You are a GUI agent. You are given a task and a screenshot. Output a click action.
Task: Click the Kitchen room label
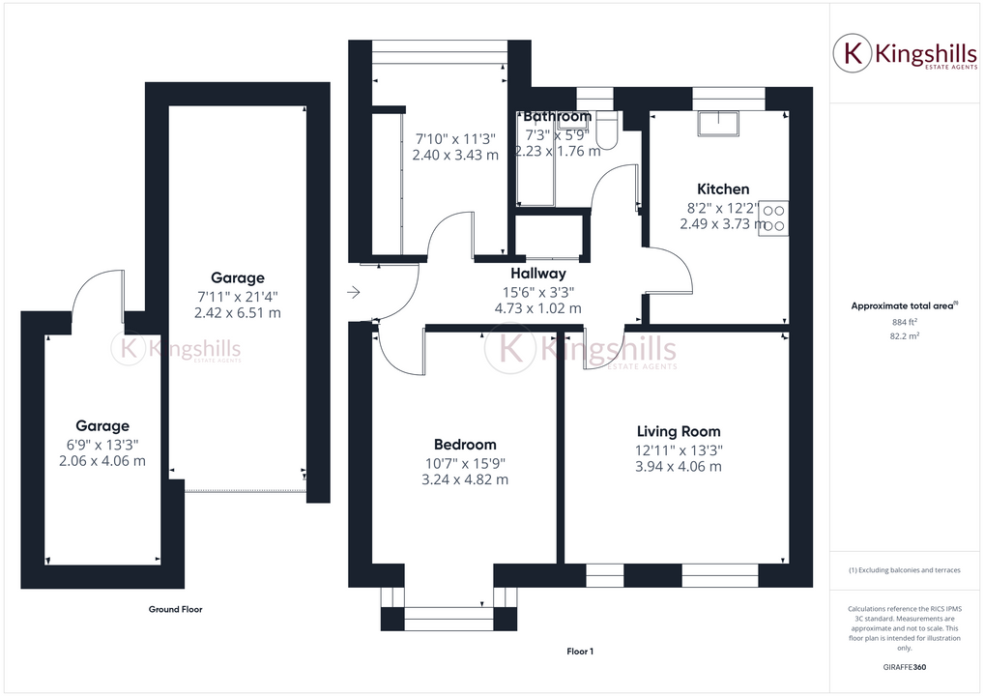coord(723,189)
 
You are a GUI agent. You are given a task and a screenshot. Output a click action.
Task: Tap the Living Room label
coord(679,431)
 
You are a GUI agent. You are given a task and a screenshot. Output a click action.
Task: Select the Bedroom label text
coord(465,445)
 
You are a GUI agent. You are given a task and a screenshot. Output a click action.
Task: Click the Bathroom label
coord(557,117)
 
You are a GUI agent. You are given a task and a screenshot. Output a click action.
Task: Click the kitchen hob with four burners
coord(774,218)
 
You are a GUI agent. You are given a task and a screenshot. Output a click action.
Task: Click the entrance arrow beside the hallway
coord(354,292)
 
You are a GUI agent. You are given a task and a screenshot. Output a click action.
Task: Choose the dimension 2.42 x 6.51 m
coord(238,313)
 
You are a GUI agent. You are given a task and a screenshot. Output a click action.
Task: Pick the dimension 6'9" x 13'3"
coord(102,445)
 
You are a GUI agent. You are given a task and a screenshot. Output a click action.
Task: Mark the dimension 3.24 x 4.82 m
coord(465,479)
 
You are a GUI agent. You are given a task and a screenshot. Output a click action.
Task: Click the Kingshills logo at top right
coord(898,54)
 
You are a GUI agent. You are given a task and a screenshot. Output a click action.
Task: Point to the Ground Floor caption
coord(175,609)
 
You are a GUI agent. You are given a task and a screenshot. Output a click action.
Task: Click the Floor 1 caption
coord(580,652)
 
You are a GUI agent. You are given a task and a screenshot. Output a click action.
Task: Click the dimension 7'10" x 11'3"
coord(455,137)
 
